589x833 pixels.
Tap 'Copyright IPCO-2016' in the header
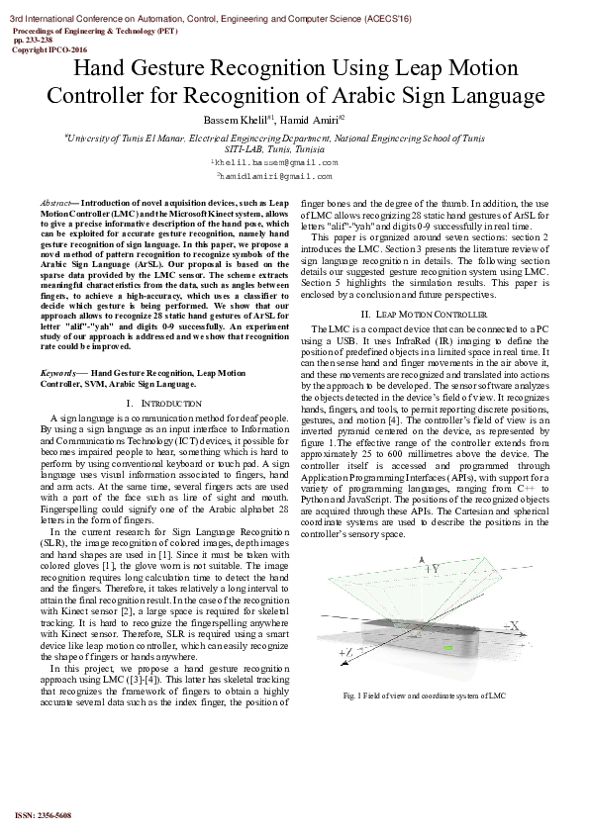coord(49,48)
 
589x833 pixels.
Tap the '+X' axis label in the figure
coord(514,625)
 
